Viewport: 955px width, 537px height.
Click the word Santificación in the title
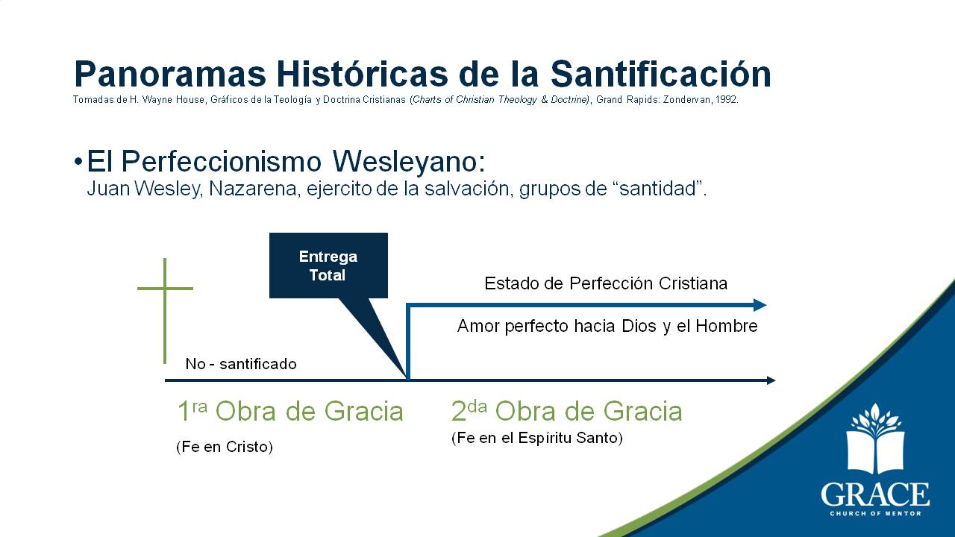(661, 74)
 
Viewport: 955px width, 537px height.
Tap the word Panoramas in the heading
(170, 74)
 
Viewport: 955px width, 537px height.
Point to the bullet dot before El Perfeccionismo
(78, 162)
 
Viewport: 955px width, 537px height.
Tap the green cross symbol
(165, 311)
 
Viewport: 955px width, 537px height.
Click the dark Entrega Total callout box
(328, 266)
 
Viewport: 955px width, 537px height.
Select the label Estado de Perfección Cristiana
(606, 283)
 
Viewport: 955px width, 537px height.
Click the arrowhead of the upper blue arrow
(760, 305)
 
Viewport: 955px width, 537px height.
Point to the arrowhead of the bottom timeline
(771, 380)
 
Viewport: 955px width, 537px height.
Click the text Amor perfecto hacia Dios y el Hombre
(607, 326)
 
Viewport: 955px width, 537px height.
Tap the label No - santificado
(241, 364)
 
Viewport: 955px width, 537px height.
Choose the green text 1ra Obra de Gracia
(290, 411)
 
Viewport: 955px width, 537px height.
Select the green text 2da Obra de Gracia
(566, 411)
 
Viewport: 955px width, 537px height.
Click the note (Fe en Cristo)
(225, 447)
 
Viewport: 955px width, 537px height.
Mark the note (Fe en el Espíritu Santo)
(536, 438)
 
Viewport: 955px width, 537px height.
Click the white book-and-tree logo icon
(875, 439)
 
